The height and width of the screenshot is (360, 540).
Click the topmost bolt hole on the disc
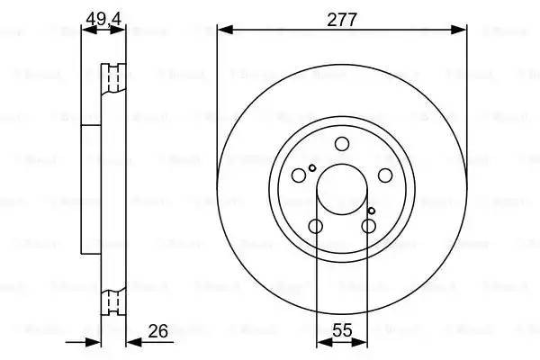point(342,145)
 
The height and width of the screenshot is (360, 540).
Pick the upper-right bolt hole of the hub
point(384,175)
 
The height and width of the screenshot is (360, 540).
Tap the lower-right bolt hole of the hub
point(369,226)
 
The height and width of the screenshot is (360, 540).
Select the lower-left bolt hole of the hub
point(315,226)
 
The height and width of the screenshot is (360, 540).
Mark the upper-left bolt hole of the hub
point(300,175)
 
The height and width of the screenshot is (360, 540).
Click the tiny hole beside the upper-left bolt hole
point(312,168)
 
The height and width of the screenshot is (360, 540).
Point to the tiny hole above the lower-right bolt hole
point(371,211)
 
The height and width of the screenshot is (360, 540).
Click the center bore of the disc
point(342,191)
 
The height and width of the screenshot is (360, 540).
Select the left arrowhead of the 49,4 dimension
point(87,30)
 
